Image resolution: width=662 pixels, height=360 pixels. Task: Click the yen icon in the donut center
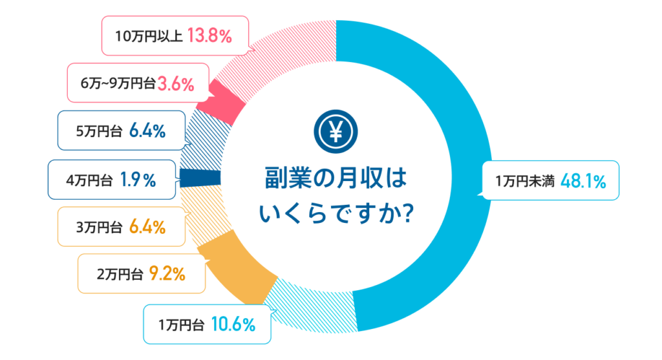336,132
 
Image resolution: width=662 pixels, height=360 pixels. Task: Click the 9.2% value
167,273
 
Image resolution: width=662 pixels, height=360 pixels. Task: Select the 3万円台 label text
99,228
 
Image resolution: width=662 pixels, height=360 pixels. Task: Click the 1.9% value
138,181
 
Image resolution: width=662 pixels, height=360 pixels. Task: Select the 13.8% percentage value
209,36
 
